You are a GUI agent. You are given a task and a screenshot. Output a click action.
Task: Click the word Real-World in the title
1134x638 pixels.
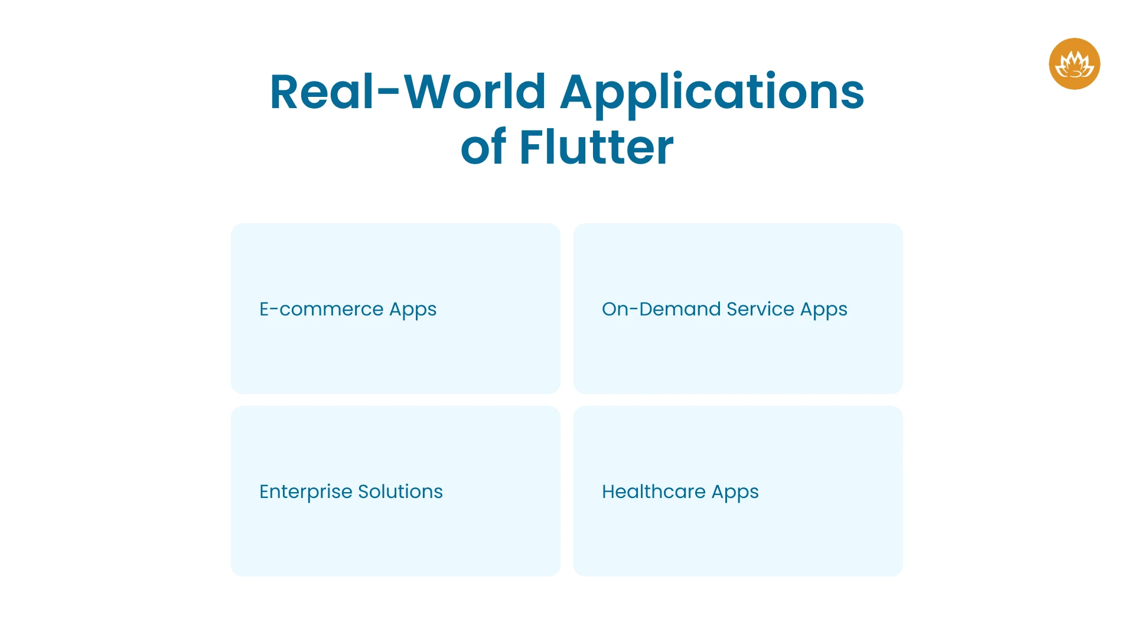pyautogui.click(x=408, y=92)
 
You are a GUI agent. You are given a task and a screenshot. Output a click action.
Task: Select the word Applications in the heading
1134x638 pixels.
pyautogui.click(x=712, y=93)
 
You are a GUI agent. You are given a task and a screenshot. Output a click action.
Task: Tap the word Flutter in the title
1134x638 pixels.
pyautogui.click(x=596, y=147)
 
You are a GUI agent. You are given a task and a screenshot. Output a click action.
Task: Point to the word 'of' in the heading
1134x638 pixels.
pyautogui.click(x=483, y=147)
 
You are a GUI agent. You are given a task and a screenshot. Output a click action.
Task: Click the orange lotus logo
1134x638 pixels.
pyautogui.click(x=1074, y=64)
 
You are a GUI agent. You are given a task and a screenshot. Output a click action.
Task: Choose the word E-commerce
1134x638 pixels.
pyautogui.click(x=321, y=309)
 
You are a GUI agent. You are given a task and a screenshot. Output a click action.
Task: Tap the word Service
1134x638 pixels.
pyautogui.click(x=760, y=309)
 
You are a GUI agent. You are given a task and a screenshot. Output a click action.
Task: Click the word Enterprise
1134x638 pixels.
pyautogui.click(x=305, y=492)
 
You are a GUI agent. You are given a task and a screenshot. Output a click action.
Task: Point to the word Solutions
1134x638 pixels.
pyautogui.click(x=400, y=491)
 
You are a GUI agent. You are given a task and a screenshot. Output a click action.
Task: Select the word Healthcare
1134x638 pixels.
pyautogui.click(x=653, y=491)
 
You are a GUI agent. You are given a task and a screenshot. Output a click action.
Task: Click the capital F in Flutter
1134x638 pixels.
pyautogui.click(x=530, y=147)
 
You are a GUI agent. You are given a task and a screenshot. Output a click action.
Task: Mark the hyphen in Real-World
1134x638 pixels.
pyautogui.click(x=389, y=92)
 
